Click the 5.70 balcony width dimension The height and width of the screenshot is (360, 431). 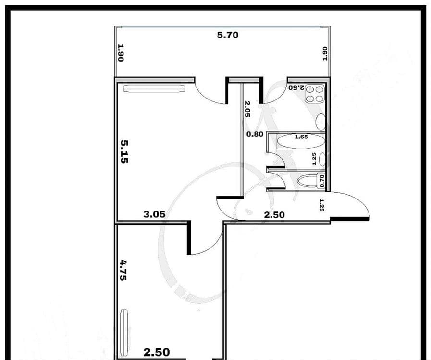(x=228, y=35)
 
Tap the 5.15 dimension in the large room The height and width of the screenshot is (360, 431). (x=124, y=152)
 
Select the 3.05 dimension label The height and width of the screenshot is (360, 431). (x=155, y=214)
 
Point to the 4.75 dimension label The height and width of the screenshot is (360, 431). (x=123, y=270)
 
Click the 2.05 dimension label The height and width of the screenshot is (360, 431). (x=247, y=109)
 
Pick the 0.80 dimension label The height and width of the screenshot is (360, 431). (x=255, y=134)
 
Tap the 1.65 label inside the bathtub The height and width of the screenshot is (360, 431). (x=301, y=137)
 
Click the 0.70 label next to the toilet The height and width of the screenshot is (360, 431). (x=321, y=181)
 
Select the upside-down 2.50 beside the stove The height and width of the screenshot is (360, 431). (x=296, y=88)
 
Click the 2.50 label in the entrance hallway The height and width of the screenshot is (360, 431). (x=274, y=215)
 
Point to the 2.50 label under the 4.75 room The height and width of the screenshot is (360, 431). (x=157, y=352)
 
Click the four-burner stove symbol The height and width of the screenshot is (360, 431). (x=315, y=94)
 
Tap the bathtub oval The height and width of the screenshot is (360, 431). (x=300, y=141)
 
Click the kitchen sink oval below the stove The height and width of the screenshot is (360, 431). (x=320, y=122)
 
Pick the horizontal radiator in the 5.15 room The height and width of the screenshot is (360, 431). (x=154, y=88)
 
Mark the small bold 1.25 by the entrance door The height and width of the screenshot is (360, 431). (x=321, y=205)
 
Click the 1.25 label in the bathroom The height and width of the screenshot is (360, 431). (x=314, y=159)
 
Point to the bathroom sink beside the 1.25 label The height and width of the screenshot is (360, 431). (x=322, y=160)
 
